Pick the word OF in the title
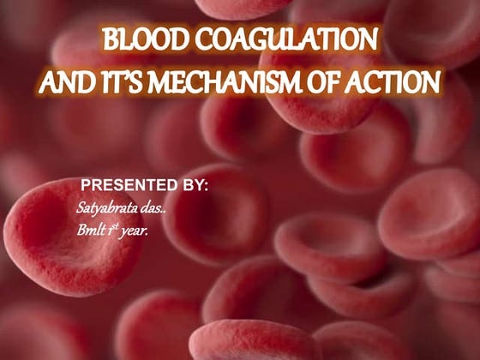pyautogui.click(x=317, y=82)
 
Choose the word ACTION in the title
pyautogui.click(x=391, y=82)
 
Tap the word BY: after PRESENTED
pyautogui.click(x=189, y=185)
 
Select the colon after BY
pyautogui.click(x=206, y=187)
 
